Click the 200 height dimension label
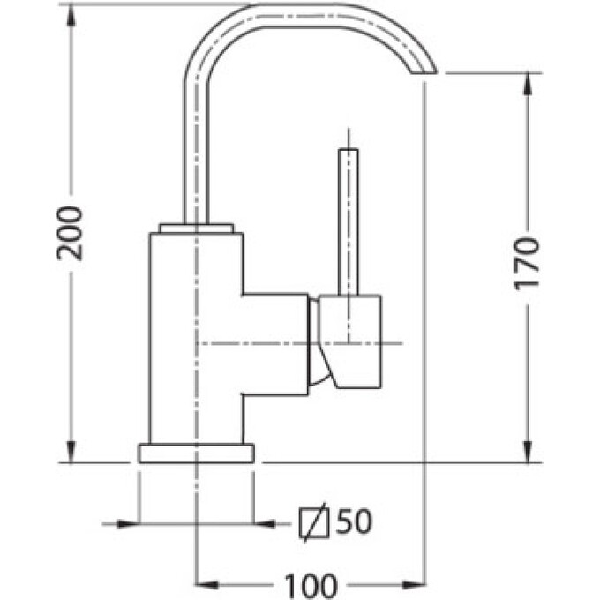(70, 234)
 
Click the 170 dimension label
(528, 264)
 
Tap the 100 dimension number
(311, 586)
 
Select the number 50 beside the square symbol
(354, 521)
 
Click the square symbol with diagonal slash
(314, 523)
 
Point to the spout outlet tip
(424, 72)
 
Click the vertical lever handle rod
(349, 222)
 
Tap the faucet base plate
(196, 454)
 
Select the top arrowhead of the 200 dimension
(71, 14)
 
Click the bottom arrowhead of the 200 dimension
(71, 452)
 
